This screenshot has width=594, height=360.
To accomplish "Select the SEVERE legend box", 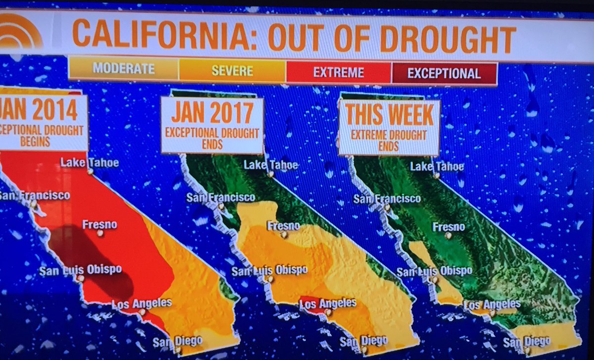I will click(x=232, y=70).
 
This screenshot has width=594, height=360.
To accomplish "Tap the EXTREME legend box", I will click(x=339, y=73).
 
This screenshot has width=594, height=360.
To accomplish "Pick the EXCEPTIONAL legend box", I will click(x=444, y=74).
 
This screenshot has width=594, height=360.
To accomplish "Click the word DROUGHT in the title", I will click(x=448, y=38).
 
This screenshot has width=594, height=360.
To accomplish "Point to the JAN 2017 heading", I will click(x=212, y=114).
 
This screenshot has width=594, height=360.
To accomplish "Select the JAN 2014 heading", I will click(x=42, y=110).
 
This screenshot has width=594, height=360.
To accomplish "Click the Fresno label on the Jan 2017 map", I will click(x=283, y=226).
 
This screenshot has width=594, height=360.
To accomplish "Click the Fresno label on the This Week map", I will click(x=448, y=227).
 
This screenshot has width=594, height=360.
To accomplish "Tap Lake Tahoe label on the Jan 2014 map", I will click(x=90, y=162).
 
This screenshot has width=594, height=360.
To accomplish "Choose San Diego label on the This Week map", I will click(x=526, y=341).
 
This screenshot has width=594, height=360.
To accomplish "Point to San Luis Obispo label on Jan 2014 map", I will click(x=80, y=270).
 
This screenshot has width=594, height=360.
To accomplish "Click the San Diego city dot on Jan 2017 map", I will click(x=364, y=351).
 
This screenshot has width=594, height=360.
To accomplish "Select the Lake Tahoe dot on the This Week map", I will click(x=436, y=175).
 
